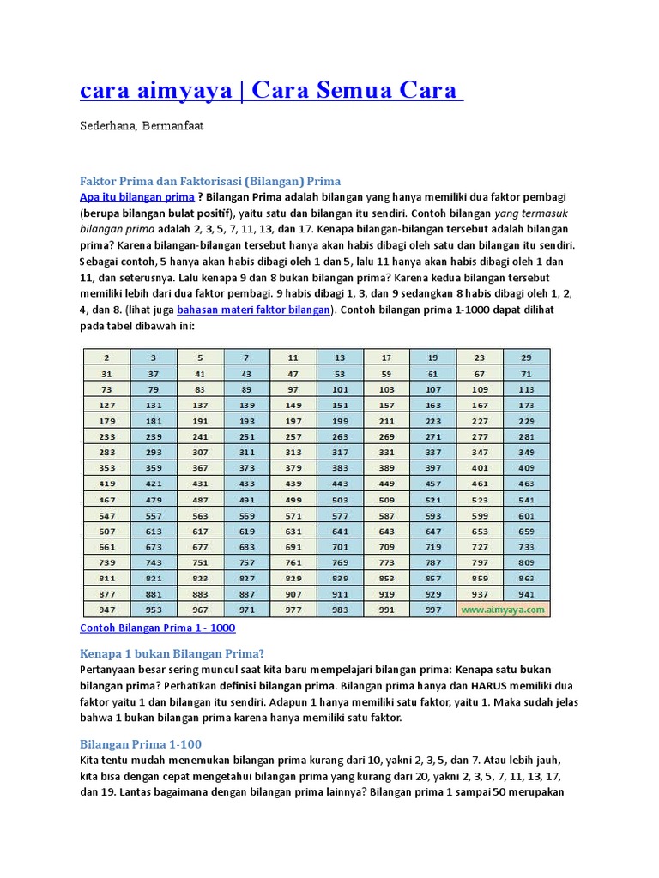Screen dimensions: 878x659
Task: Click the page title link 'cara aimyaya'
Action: pos(155,90)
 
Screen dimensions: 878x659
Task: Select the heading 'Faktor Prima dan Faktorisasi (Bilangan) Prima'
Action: pos(210,181)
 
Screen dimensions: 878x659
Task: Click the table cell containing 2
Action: pos(106,358)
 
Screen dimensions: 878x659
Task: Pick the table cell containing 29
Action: pos(526,358)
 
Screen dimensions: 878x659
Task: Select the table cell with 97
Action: pos(293,389)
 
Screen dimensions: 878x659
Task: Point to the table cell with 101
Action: pos(340,389)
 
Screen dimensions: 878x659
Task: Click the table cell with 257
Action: pos(293,436)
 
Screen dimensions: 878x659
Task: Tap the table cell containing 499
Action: pos(293,500)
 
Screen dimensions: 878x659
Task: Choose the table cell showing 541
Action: pos(526,500)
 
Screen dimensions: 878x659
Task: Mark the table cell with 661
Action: pos(106,546)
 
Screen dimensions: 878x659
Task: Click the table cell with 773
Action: pos(386,562)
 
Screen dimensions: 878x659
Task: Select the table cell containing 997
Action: pos(432,610)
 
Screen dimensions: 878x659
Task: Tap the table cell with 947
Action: pos(106,610)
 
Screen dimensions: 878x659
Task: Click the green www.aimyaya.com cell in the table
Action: pos(503,610)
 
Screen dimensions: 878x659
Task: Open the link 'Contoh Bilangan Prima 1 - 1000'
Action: pos(157,628)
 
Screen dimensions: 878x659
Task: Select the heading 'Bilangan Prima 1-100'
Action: pos(141,743)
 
